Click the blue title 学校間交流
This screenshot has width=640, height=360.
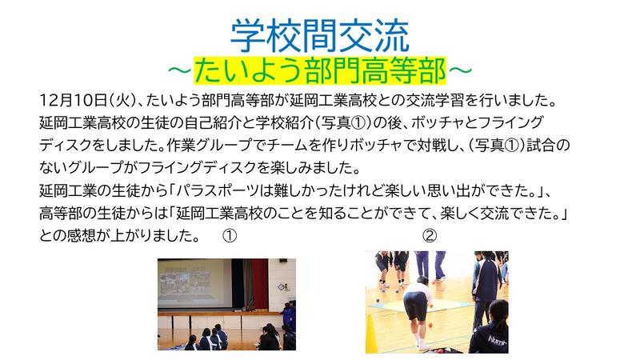tap(319, 36)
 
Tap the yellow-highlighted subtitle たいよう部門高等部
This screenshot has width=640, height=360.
tap(320, 71)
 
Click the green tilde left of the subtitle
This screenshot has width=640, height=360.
tap(179, 71)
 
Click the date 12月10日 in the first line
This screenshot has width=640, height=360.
tap(73, 101)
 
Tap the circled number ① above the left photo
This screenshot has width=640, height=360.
tap(230, 236)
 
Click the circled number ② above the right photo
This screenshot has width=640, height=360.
tap(430, 236)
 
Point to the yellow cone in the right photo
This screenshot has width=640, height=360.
tap(371, 334)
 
